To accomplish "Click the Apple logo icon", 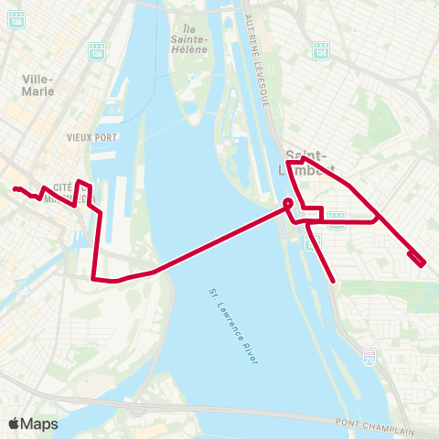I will click(x=16, y=423).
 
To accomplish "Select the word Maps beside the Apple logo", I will click(x=39, y=423).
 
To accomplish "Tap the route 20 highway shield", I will click(x=369, y=355).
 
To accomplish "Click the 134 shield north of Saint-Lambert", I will click(x=320, y=48).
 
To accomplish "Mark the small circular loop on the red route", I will click(x=287, y=203).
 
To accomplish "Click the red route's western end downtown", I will click(x=16, y=189).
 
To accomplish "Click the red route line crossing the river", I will click(x=219, y=240).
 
